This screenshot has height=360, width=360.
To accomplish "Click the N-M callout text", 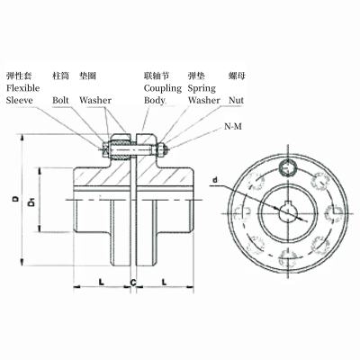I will click(233, 129).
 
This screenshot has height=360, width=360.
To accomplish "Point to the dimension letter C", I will click(133, 282).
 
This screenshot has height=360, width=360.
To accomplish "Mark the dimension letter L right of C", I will click(165, 282).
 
